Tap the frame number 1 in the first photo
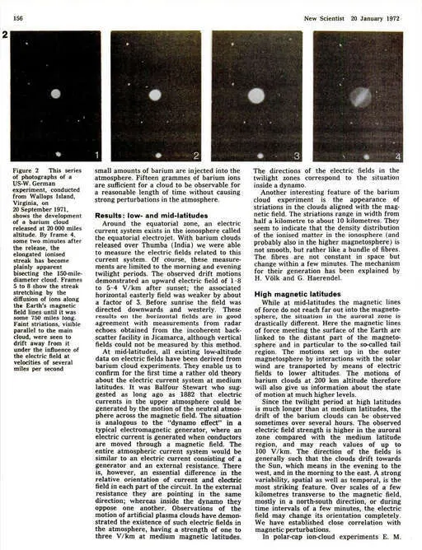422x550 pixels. [x=96, y=155]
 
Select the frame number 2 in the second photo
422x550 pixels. [x=196, y=155]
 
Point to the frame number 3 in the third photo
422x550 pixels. [x=298, y=155]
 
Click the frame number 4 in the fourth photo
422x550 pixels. [x=397, y=155]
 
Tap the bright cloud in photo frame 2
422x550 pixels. [x=154, y=95]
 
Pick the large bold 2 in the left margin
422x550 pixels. [x=6, y=36]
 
